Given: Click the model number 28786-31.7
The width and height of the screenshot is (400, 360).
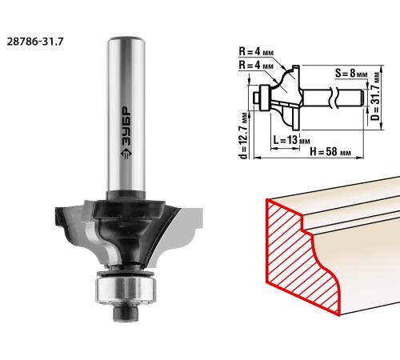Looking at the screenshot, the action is point(35,42).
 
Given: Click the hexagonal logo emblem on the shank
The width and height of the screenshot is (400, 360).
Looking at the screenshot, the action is point(126,154).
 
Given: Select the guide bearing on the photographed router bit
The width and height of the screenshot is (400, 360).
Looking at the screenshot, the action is point(126,290).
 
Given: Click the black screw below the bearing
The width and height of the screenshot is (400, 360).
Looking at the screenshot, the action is point(126,313).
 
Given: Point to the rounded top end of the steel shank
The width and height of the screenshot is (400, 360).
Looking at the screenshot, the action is point(126,39).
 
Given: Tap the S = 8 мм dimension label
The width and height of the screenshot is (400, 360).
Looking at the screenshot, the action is point(351,73).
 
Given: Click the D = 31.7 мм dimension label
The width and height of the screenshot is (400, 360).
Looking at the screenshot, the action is point(376,96).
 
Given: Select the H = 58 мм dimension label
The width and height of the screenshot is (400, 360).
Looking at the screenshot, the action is point(330,152).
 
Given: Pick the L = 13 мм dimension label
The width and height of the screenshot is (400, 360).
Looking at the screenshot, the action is point(291,139).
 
